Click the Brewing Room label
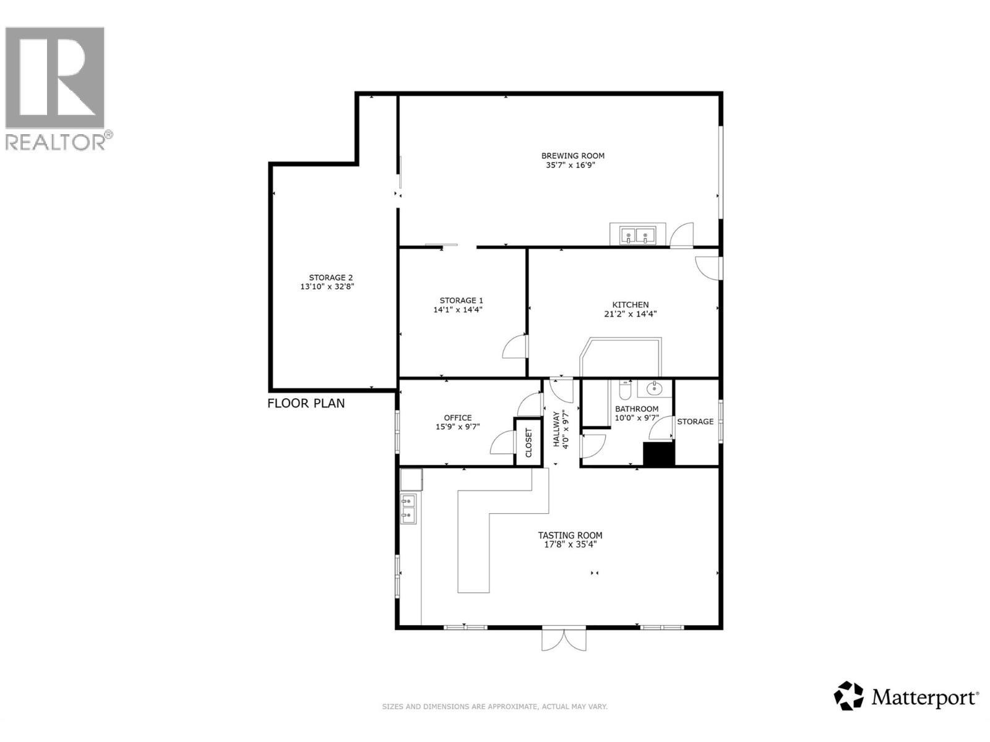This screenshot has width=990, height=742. click(x=572, y=156)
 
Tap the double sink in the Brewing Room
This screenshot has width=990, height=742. click(x=637, y=235)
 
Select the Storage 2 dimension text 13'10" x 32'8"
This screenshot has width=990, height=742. click(x=327, y=287)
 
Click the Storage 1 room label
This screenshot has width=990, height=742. click(x=457, y=301)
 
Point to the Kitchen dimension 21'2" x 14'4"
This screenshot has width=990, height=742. click(x=630, y=313)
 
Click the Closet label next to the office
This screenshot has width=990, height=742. click(x=528, y=442)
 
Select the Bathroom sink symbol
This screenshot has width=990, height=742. click(x=654, y=389)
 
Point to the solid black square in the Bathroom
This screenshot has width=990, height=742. click(x=658, y=454)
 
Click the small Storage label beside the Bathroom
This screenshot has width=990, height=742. click(x=695, y=422)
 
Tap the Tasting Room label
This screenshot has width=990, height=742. click(x=570, y=535)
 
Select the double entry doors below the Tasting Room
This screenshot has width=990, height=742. click(x=563, y=639)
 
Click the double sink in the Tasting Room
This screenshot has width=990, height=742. click(x=408, y=508)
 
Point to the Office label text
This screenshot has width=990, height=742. click(x=457, y=418)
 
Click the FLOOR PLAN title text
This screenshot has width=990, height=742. click(x=306, y=403)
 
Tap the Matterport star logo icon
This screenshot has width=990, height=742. click(x=848, y=696)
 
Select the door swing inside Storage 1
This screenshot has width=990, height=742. click(x=515, y=348)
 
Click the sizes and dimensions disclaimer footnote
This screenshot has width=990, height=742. click(x=494, y=706)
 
